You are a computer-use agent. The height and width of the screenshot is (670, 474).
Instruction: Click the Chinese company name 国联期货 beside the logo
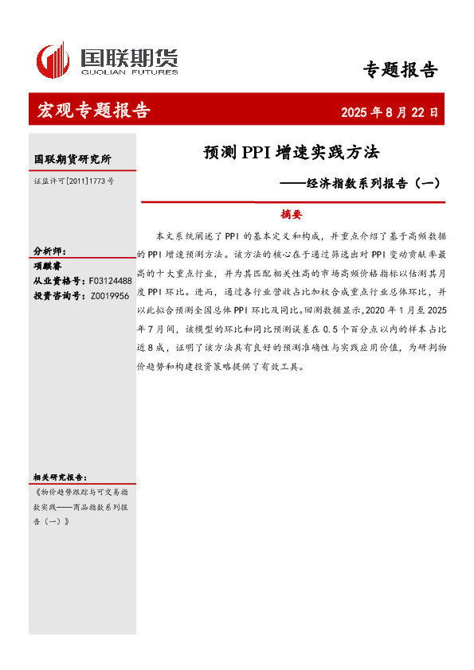127,56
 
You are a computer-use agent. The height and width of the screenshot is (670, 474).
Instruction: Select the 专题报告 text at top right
400,70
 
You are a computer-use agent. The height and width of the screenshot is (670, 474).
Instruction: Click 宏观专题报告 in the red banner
93,111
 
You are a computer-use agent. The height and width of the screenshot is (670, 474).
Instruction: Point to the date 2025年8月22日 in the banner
390,112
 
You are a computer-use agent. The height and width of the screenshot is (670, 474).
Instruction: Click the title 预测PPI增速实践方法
291,151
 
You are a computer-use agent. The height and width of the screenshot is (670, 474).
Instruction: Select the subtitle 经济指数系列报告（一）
360,182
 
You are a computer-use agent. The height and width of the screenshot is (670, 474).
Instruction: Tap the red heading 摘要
291,214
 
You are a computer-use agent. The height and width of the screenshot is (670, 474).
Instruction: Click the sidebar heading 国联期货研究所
72,159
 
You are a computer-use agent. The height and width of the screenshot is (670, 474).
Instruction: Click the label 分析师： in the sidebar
49,251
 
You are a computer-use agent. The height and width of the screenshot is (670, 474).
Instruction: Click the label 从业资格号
58,280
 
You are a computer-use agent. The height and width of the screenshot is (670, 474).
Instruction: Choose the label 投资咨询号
58,295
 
